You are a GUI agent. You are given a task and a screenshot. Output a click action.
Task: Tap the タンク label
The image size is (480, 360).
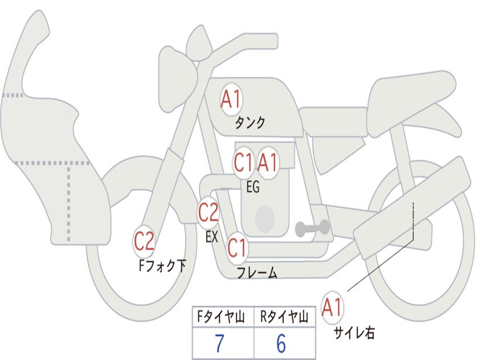click(x=250, y=123)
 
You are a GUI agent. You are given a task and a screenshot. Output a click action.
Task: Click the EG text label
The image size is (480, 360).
click(x=253, y=187)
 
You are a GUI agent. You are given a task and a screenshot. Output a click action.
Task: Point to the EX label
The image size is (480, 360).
click(x=212, y=237)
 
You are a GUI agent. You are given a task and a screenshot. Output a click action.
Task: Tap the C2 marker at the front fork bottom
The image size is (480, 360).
click(x=144, y=242)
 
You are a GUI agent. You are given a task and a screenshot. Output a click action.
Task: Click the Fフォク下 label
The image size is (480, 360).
click(x=162, y=266)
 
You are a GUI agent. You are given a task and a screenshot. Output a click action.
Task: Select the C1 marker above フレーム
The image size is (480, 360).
click(x=237, y=247)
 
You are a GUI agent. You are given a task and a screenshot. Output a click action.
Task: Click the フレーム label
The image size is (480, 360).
click(x=257, y=273)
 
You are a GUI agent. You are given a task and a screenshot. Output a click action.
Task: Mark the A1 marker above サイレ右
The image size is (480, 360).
click(x=332, y=308)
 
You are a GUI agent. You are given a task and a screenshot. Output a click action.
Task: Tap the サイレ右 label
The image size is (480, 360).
click(x=354, y=333)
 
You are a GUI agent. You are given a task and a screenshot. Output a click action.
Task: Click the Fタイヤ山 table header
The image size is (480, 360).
click(x=222, y=318)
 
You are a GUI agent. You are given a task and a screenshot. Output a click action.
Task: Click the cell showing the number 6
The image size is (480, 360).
click(x=281, y=344)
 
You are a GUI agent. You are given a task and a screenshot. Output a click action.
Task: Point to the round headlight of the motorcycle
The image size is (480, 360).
click(x=177, y=79)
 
